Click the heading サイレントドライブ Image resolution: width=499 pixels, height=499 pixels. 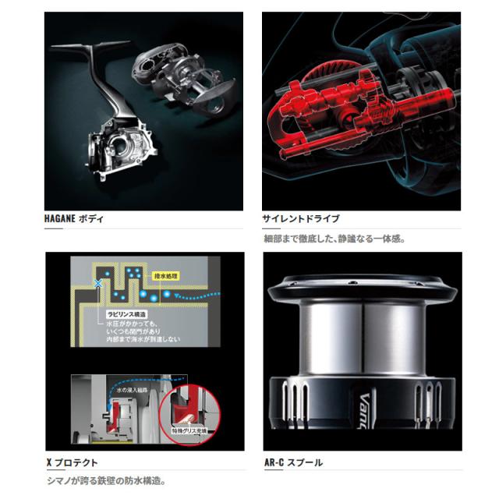(301, 219)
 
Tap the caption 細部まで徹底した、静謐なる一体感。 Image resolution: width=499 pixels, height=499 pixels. (333, 239)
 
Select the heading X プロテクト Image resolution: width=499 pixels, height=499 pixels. (74, 462)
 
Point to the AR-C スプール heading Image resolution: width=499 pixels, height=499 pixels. (292, 462)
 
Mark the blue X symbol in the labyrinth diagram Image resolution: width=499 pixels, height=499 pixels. (97, 286)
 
